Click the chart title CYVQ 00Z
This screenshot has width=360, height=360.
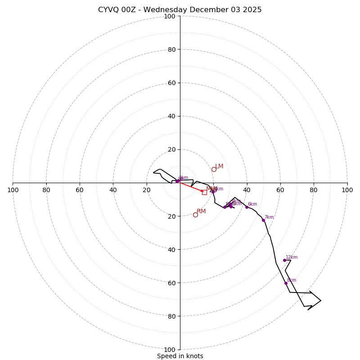point(180,10)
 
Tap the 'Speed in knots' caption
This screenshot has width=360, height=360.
point(180,356)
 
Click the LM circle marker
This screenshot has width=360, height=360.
point(214,169)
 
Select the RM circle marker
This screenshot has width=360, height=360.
point(195,215)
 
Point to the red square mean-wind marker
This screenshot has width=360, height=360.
point(204,192)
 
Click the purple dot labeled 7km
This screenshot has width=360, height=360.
point(263,220)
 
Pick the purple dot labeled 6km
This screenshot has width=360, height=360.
point(247,207)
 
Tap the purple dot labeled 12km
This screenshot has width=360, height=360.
point(284,260)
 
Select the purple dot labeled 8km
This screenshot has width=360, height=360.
point(286,283)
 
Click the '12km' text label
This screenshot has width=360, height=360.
point(292,257)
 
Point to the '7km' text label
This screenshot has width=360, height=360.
point(269,217)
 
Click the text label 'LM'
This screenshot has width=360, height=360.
point(219,166)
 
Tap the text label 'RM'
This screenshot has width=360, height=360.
point(201,211)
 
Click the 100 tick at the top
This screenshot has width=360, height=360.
point(170,16)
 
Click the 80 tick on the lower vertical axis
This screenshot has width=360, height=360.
point(171,316)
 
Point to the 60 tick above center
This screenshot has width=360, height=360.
point(171,83)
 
